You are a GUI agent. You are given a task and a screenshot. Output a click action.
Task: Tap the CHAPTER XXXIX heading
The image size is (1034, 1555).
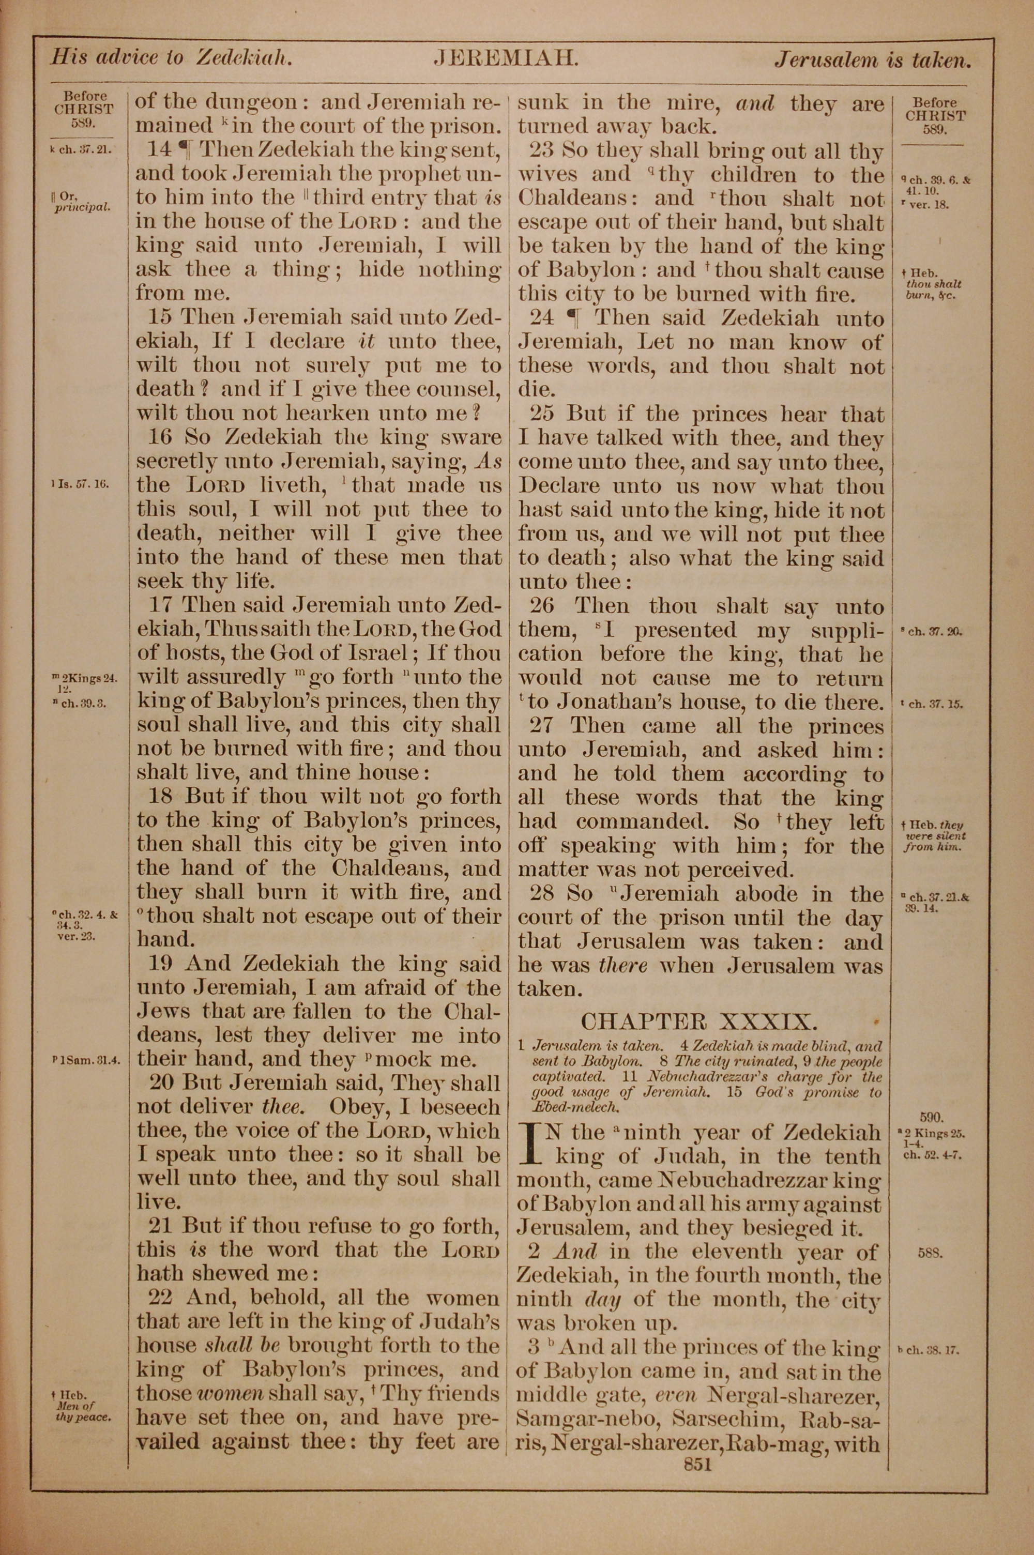(699, 1022)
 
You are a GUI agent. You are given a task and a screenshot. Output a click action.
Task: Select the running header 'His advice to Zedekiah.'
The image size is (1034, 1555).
(172, 58)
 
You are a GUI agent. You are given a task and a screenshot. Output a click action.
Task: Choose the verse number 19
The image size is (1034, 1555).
(161, 963)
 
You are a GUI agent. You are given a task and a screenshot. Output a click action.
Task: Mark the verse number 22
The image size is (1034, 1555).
(160, 1298)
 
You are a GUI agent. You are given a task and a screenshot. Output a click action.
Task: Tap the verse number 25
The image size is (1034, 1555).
(542, 414)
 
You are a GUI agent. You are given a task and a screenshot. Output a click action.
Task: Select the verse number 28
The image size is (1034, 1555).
(542, 894)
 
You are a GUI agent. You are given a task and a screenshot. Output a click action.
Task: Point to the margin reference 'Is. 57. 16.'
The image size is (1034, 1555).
(81, 484)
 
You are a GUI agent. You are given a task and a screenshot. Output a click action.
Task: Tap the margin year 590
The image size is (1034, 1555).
(933, 1117)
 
